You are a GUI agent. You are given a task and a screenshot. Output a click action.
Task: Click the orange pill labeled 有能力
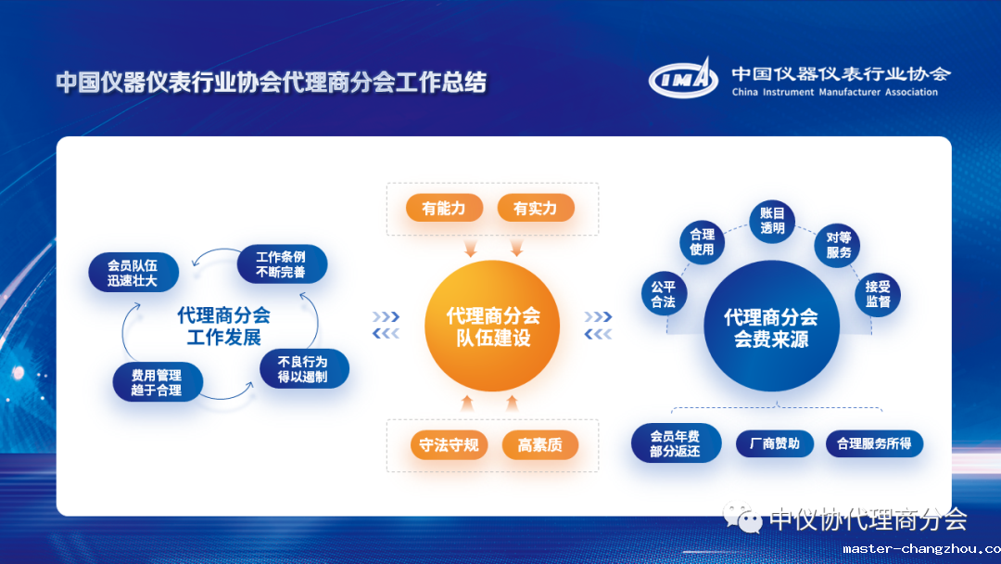tap(444, 208)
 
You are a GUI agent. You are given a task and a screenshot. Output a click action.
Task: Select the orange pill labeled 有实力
tap(536, 208)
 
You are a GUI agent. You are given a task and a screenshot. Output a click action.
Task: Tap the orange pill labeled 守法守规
tap(449, 444)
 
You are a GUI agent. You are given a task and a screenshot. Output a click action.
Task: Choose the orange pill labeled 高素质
tap(540, 444)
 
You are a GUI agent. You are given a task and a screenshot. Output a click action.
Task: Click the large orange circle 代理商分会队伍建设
tap(492, 326)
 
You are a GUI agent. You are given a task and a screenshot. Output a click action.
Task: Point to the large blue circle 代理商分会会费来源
tap(771, 327)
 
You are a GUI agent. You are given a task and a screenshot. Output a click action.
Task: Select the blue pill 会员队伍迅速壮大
tap(133, 273)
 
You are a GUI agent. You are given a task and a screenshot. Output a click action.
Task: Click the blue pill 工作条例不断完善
tap(282, 263)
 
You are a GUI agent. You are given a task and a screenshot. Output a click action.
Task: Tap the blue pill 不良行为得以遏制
tap(304, 368)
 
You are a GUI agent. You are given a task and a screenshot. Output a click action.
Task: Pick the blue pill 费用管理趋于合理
tap(157, 382)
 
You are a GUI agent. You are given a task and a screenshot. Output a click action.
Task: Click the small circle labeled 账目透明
tap(772, 221)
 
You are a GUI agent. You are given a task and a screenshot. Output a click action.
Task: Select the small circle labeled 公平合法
tap(664, 294)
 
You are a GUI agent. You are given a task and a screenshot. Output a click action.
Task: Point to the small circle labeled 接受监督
tap(878, 294)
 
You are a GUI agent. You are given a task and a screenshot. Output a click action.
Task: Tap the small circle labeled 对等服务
tap(838, 245)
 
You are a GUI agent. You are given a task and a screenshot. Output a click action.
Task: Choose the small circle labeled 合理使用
tap(702, 241)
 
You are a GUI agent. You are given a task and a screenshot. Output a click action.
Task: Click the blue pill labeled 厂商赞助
tap(774, 443)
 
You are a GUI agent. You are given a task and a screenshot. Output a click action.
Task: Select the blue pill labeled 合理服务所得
tap(874, 443)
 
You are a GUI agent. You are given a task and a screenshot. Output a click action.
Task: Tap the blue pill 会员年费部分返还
tap(676, 443)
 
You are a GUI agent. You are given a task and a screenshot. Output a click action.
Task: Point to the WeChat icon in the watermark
tap(741, 519)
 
